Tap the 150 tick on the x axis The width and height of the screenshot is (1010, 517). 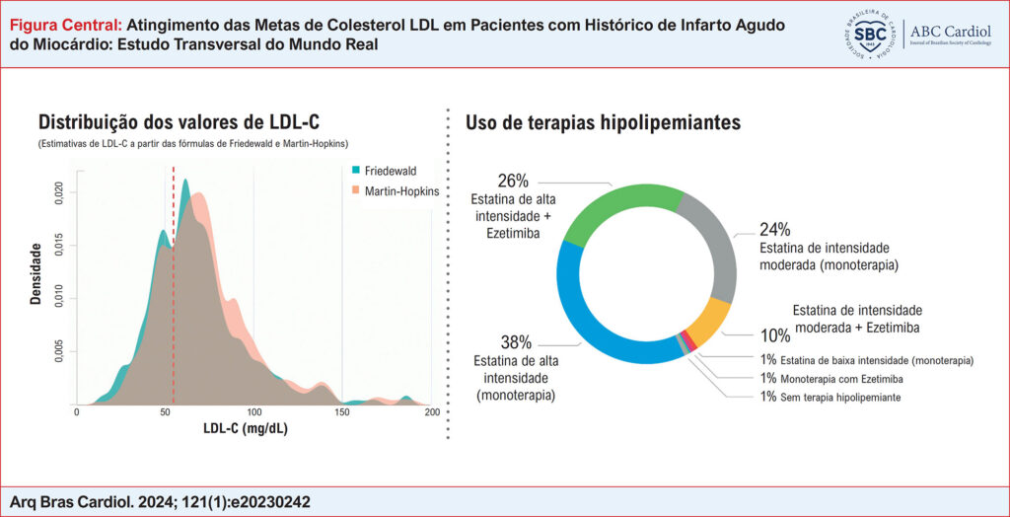342,413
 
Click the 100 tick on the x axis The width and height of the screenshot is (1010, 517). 253,413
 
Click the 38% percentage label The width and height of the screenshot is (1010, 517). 516,342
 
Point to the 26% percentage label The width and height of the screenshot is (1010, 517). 513,181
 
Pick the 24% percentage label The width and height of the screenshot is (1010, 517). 774,229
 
